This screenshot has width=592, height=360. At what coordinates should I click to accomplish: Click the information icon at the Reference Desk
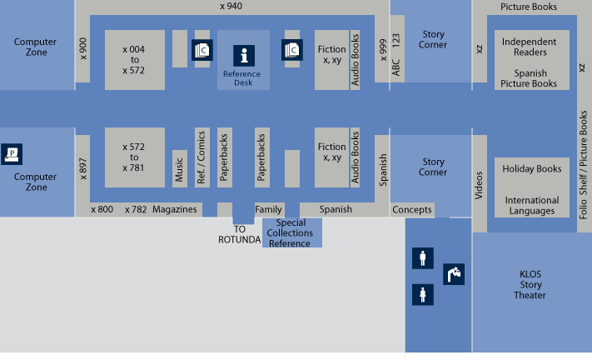point(243,57)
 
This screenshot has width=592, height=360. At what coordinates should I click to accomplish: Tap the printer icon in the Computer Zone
point(12,153)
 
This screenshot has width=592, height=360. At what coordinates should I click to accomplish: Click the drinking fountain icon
point(455,272)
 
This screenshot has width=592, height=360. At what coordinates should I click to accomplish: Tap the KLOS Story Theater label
point(530,284)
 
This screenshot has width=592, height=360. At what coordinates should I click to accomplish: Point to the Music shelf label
point(179,168)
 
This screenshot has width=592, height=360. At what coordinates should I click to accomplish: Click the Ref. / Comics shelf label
point(201,157)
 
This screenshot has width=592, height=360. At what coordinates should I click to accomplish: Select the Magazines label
point(174,209)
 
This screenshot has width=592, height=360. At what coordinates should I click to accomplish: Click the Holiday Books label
point(532,169)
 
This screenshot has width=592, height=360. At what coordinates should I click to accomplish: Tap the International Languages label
point(532,206)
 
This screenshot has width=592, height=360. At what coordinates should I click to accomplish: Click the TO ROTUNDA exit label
point(240,234)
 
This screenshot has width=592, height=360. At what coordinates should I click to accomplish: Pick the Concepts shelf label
point(412,209)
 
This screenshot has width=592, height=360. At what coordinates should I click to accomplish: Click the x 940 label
point(231,7)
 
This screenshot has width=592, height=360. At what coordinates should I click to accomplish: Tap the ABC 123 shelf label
point(396,56)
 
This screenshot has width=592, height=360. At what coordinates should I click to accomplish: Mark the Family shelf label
point(269,209)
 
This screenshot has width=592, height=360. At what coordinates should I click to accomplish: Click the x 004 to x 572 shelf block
point(133,60)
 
